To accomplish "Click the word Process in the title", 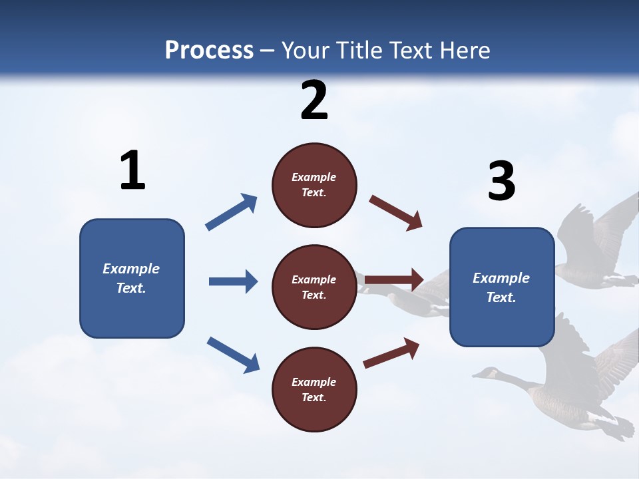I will pyautogui.click(x=209, y=51).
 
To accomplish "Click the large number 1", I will pyautogui.click(x=132, y=170).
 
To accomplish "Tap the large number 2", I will pyautogui.click(x=314, y=100).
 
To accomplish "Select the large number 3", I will pyautogui.click(x=501, y=182).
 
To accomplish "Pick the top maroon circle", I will pyautogui.click(x=314, y=185).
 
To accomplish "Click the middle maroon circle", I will pyautogui.click(x=314, y=287).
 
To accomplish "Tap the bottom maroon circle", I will pyautogui.click(x=314, y=390).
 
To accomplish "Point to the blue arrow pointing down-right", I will pyautogui.click(x=233, y=354).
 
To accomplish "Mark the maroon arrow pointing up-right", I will pyautogui.click(x=391, y=353).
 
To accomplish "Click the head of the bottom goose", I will pyautogui.click(x=489, y=373).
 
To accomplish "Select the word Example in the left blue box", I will pyautogui.click(x=131, y=268).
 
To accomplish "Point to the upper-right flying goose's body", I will pyautogui.click(x=586, y=259).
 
